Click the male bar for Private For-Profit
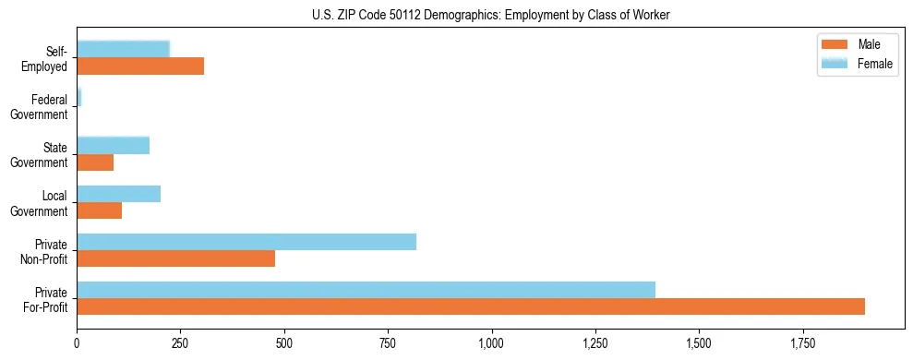click(x=471, y=306)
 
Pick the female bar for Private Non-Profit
click(x=246, y=242)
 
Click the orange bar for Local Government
click(x=99, y=210)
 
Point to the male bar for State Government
click(x=95, y=162)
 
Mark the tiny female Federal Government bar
click(x=79, y=98)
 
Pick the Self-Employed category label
click(x=49, y=59)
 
